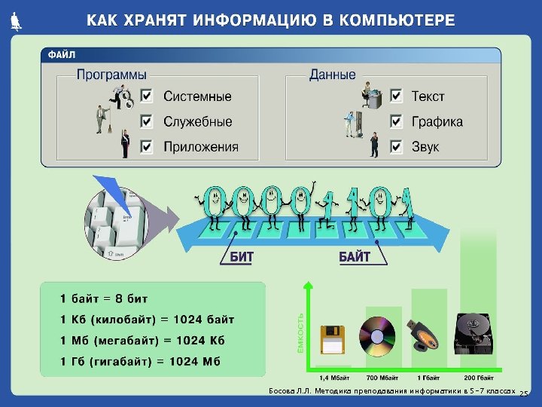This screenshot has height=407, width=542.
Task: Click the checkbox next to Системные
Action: click(147, 96)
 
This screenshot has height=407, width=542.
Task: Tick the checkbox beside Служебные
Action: click(147, 121)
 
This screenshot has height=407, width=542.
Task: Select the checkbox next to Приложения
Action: click(147, 146)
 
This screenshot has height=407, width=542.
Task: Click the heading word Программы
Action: click(111, 75)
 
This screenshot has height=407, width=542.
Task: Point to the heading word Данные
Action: click(332, 75)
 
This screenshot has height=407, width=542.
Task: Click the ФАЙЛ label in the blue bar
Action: click(62, 55)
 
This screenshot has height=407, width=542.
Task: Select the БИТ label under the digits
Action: click(242, 257)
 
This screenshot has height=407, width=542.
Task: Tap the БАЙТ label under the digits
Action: click(354, 257)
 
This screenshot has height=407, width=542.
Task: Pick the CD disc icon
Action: click(377, 335)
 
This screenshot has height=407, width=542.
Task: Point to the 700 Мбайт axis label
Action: click(382, 377)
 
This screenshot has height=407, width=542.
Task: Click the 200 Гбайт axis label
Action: click(479, 377)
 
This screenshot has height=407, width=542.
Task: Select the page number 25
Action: click(525, 394)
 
